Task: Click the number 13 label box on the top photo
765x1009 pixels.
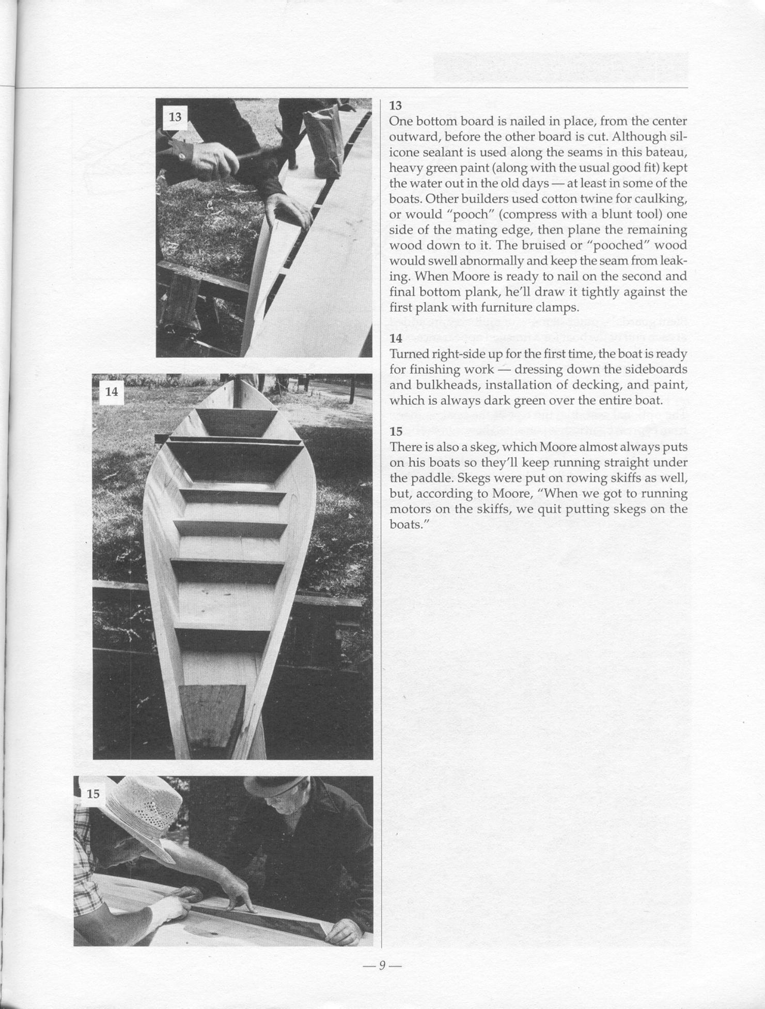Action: pyautogui.click(x=175, y=117)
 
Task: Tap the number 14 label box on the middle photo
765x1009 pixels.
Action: pyautogui.click(x=112, y=392)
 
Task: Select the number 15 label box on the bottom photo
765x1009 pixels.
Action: pyautogui.click(x=93, y=793)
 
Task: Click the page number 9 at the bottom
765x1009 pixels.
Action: pyautogui.click(x=382, y=966)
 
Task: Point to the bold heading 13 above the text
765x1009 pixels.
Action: pyautogui.click(x=395, y=106)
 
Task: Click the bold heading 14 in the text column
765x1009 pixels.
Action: pyautogui.click(x=396, y=339)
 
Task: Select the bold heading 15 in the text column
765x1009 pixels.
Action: pyautogui.click(x=396, y=432)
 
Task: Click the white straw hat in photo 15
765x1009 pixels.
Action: pyautogui.click(x=142, y=812)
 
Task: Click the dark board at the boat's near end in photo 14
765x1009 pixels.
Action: pyautogui.click(x=212, y=716)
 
